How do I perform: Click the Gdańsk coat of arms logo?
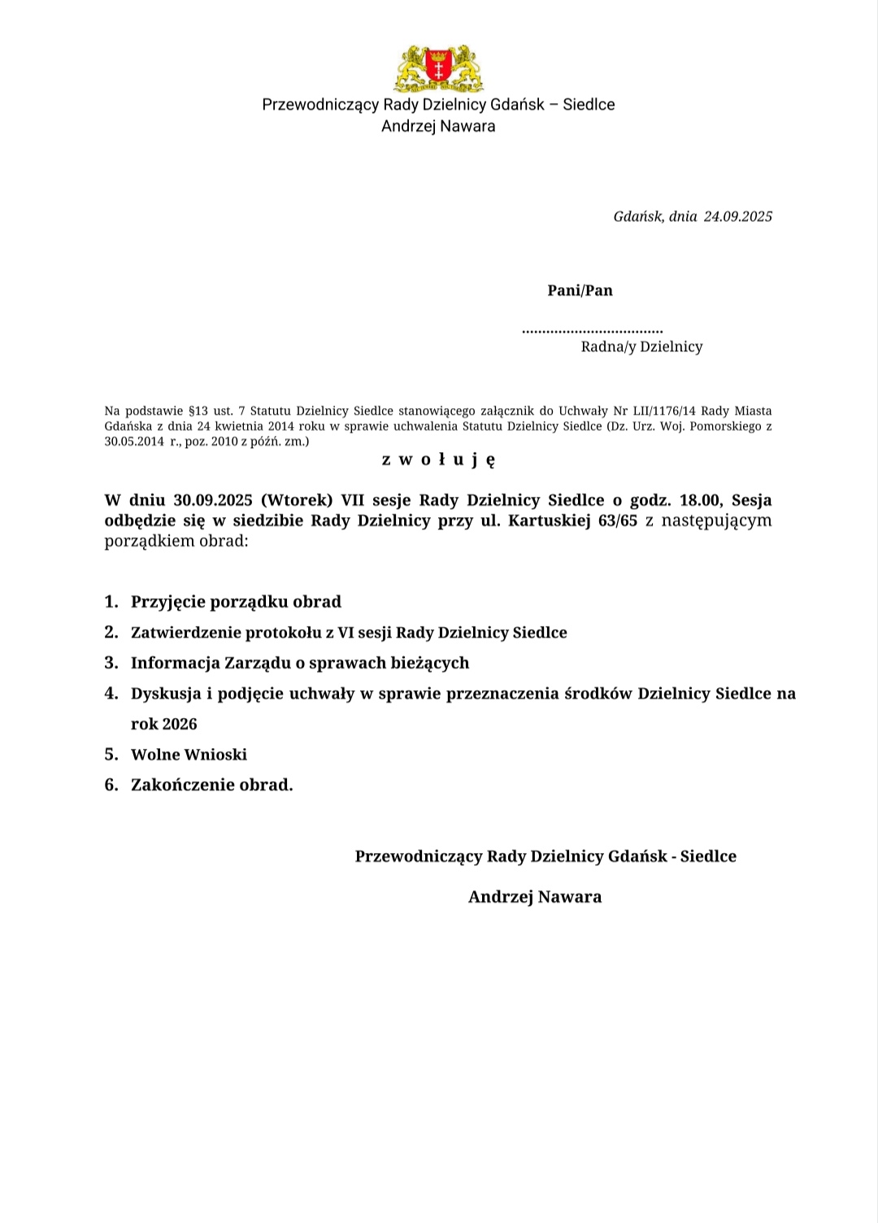[438, 68]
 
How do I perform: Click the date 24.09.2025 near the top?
[737, 216]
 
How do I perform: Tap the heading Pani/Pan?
[580, 290]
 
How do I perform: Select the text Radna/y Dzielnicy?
[641, 347]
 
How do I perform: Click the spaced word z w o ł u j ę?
[438, 460]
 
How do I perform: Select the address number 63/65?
[617, 520]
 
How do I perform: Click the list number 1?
[111, 602]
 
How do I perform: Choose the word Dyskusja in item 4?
[167, 694]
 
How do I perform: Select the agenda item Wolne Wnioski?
[189, 755]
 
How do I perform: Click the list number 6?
[111, 785]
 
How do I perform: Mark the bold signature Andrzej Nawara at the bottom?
[535, 897]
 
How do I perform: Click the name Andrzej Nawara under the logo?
[438, 126]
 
